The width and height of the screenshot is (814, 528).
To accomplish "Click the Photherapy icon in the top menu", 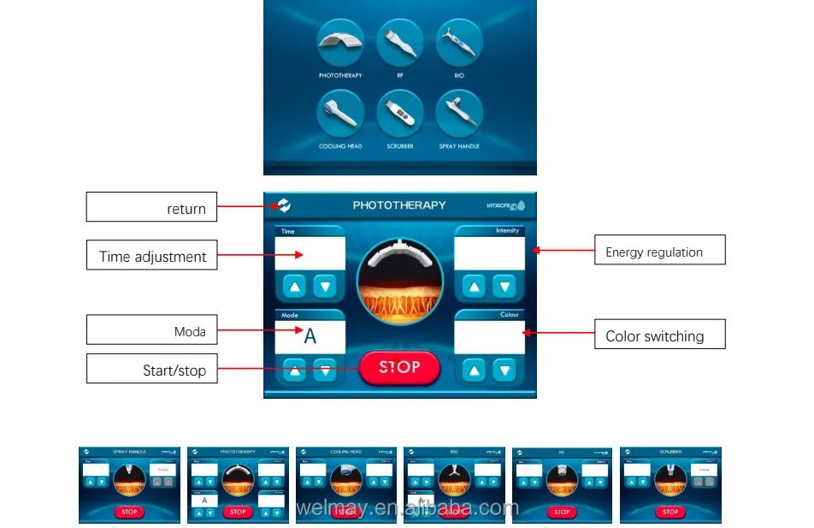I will click(340, 43).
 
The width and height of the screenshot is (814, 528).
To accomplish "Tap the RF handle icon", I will click(399, 43).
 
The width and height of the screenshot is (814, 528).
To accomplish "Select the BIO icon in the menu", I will click(459, 43).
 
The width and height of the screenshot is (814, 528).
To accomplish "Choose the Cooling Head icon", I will click(340, 114).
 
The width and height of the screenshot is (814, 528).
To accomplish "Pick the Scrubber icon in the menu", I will click(399, 114).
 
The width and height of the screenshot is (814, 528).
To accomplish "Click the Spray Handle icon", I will click(459, 114).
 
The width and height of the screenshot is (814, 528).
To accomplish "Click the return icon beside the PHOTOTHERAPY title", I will click(284, 205).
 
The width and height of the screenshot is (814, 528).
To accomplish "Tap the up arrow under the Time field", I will click(294, 286).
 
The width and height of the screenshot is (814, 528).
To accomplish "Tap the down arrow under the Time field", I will click(325, 286).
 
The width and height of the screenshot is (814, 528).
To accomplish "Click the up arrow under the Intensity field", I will click(475, 286).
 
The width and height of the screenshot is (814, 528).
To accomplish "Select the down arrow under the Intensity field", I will click(505, 286).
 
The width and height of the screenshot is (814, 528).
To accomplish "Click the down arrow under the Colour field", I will click(505, 371).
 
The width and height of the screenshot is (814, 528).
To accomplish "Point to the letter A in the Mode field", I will click(310, 336).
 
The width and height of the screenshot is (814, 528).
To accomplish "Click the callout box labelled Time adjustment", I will click(151, 256).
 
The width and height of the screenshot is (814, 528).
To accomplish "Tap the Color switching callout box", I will click(659, 335).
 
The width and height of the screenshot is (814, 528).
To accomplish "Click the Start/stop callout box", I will click(151, 370).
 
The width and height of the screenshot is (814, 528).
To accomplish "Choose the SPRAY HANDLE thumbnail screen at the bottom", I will click(130, 485).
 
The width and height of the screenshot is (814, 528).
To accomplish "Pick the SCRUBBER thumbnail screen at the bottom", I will click(670, 485).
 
